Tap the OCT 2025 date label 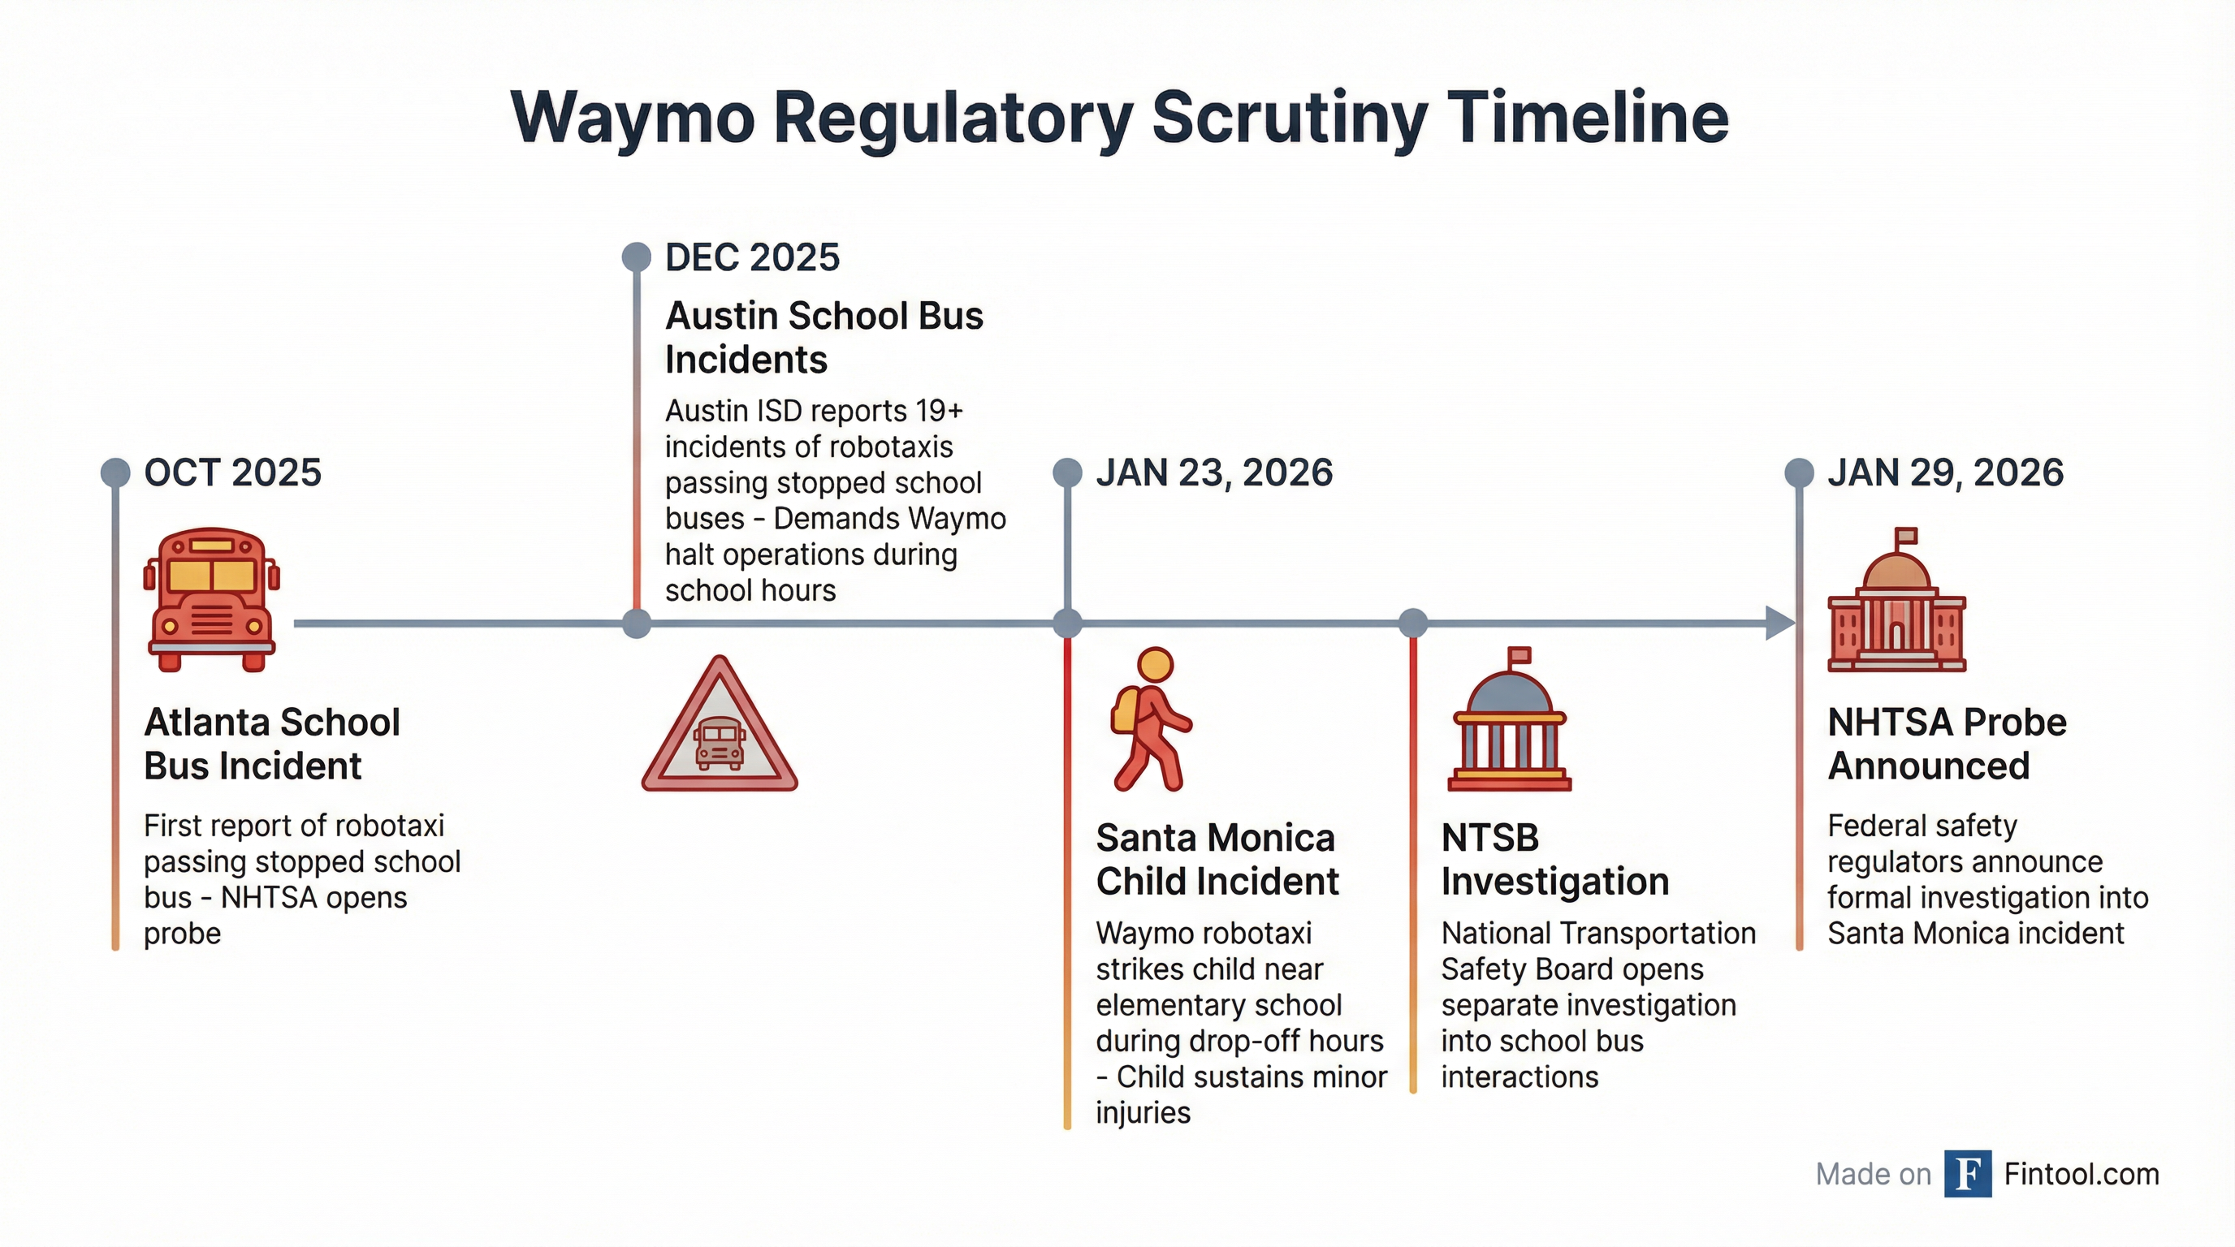point(232,472)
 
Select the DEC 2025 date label point(752,257)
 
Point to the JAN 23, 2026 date point(1214,472)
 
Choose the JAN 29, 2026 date point(1945,472)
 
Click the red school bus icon point(212,599)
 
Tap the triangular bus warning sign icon point(720,724)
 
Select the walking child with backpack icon point(1151,718)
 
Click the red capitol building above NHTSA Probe point(1896,599)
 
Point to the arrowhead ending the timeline point(1780,623)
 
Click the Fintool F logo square point(1968,1173)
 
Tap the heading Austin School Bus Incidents point(824,338)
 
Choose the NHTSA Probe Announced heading point(1947,744)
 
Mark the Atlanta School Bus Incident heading point(271,744)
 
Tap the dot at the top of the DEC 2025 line point(637,257)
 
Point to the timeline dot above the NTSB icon point(1413,623)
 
